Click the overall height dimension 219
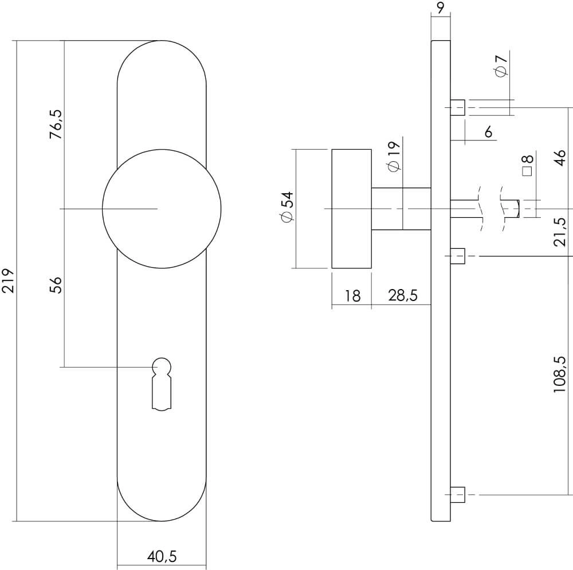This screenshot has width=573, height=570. (x=9, y=281)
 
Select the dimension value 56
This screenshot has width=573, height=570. (x=56, y=285)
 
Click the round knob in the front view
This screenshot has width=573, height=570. (x=161, y=209)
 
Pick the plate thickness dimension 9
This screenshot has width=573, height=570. (x=440, y=7)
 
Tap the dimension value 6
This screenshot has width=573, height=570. (x=488, y=132)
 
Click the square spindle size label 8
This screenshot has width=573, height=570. (x=527, y=165)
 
